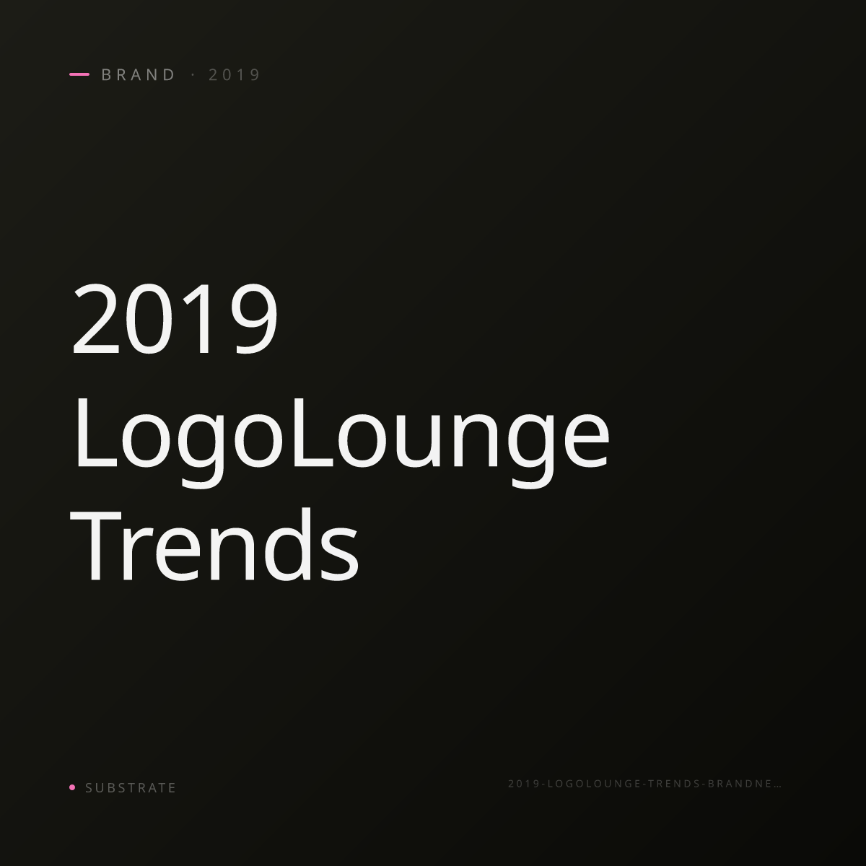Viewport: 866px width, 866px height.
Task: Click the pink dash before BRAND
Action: click(x=79, y=74)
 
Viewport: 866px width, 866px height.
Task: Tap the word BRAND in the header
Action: click(x=139, y=75)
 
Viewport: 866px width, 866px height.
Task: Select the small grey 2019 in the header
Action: click(x=235, y=75)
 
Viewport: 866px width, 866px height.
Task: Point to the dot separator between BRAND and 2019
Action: click(x=193, y=75)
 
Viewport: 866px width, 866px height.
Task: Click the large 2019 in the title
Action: click(x=175, y=319)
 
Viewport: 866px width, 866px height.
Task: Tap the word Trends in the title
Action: click(x=214, y=546)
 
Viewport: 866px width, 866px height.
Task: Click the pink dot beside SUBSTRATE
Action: click(x=72, y=787)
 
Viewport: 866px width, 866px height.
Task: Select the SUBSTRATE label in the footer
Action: click(x=131, y=788)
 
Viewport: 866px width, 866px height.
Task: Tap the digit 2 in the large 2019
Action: click(x=96, y=319)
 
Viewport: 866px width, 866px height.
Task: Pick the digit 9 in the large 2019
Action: click(x=254, y=319)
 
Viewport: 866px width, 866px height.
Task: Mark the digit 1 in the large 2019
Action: click(x=198, y=319)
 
